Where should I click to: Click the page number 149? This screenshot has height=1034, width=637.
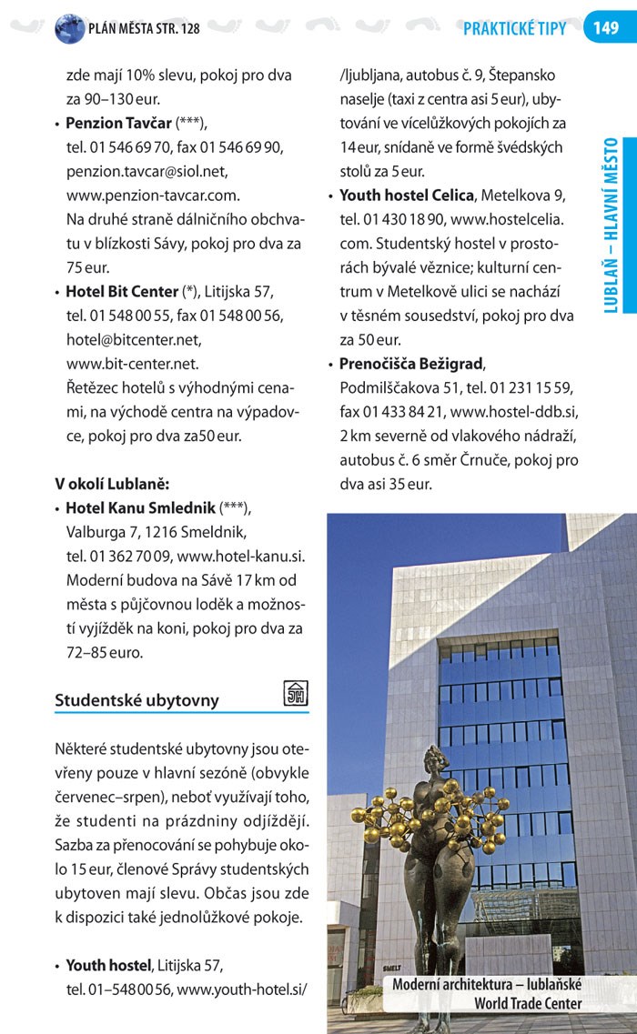tap(605, 28)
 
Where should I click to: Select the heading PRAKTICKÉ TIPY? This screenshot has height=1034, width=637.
tap(514, 29)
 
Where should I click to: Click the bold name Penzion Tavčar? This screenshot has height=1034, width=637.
tap(119, 123)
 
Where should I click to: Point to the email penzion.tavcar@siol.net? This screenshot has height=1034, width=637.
tap(147, 171)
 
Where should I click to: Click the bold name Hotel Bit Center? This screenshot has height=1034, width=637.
tap(122, 292)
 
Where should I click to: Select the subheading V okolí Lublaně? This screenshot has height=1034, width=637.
tap(112, 483)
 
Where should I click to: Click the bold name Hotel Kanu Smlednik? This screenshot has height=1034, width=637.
tap(140, 507)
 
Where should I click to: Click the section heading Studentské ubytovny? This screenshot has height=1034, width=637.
tap(136, 700)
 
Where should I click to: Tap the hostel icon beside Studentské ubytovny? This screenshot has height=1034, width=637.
tap(296, 693)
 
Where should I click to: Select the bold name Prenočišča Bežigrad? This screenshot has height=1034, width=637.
tap(411, 364)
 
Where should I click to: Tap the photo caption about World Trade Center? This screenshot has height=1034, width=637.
tap(487, 994)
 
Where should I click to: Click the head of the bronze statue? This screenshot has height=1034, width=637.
tap(433, 758)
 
